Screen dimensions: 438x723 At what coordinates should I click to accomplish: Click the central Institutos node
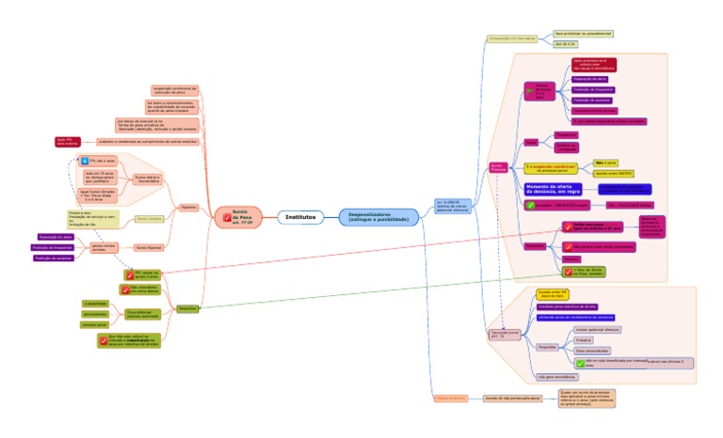300,217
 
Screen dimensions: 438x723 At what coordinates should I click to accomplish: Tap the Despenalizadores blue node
379,217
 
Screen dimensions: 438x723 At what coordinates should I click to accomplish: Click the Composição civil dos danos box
511,39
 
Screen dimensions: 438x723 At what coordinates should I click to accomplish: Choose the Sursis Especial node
150,247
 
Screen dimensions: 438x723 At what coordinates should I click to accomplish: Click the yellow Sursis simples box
150,218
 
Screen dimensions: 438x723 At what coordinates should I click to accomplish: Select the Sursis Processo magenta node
498,166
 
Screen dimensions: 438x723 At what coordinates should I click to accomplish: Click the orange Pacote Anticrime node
451,399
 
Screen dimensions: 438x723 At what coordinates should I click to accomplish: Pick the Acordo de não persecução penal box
513,399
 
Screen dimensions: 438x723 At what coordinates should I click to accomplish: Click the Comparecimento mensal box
594,110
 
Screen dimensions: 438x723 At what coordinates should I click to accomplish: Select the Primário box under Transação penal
584,339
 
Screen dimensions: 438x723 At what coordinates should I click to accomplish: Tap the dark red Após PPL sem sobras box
70,141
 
